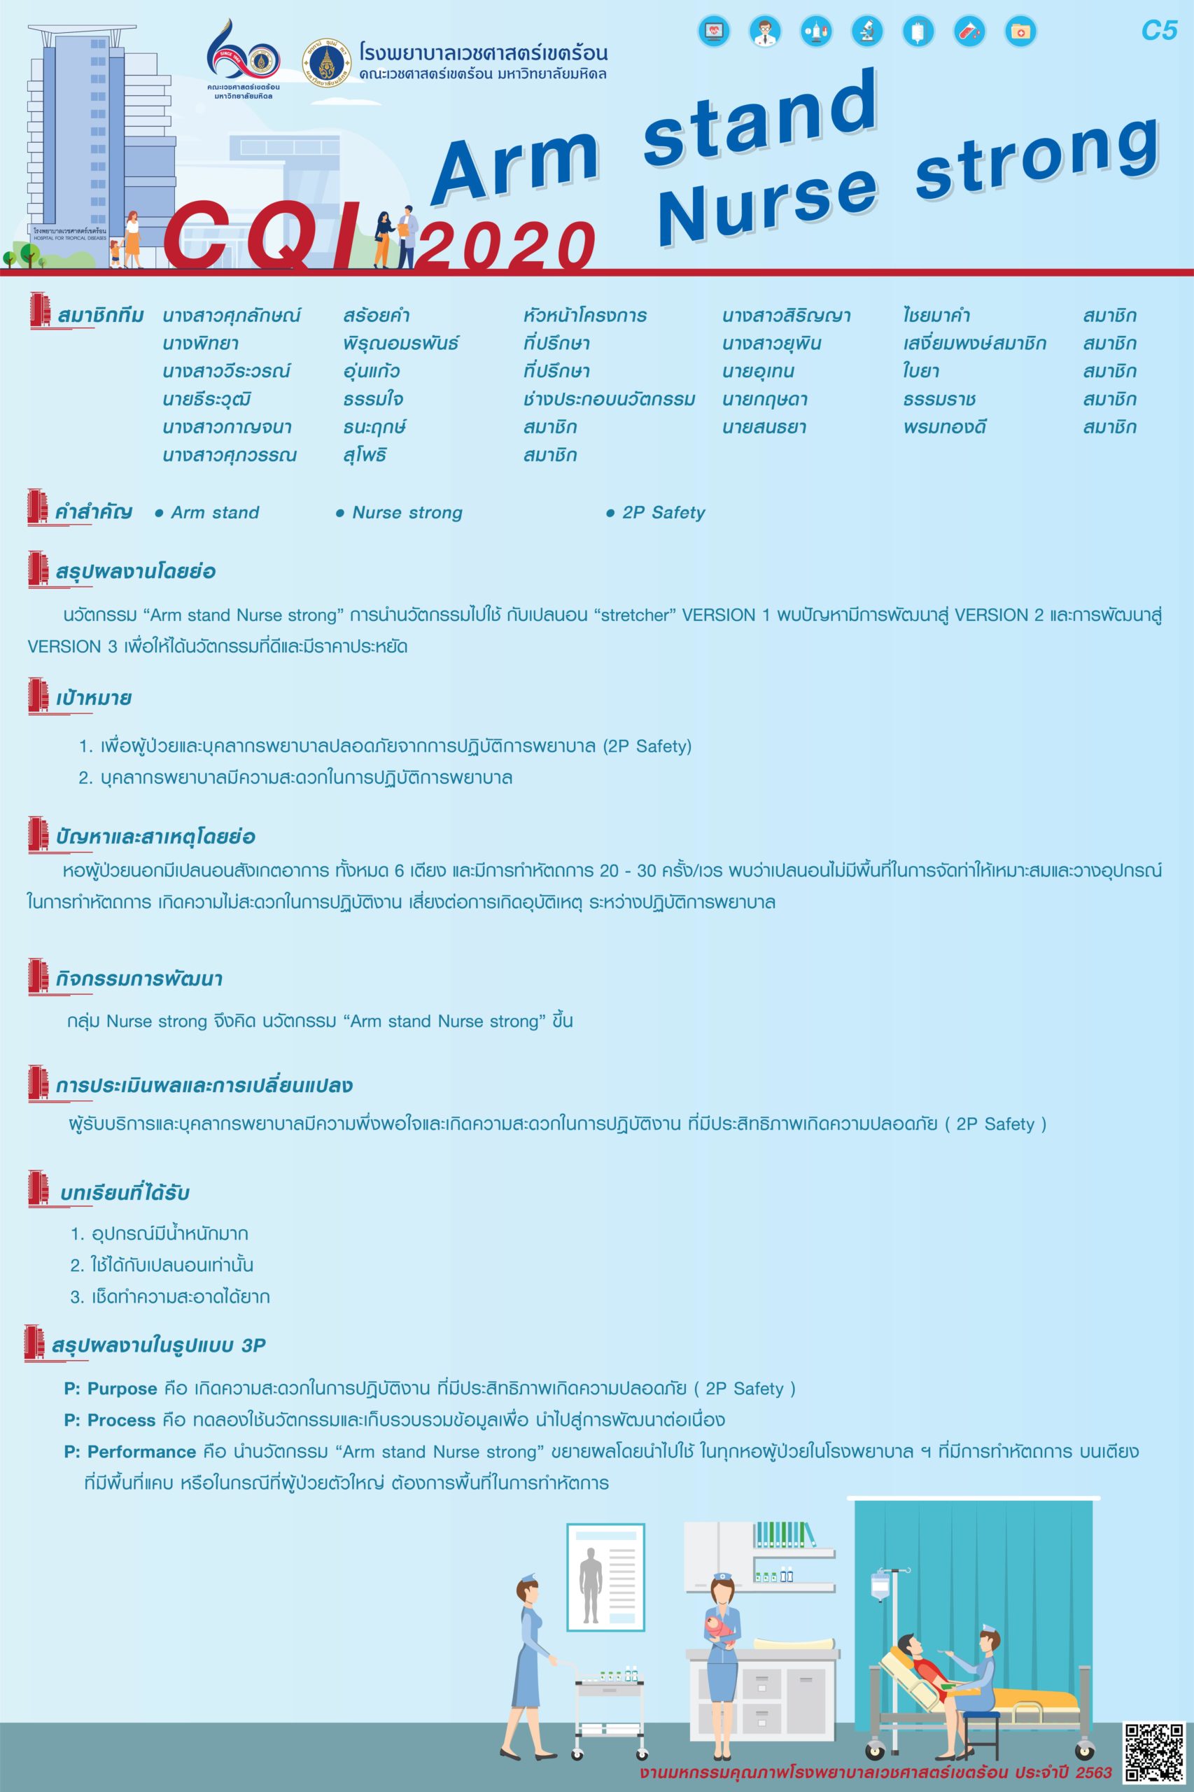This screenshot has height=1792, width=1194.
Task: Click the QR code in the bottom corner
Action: click(x=1153, y=1750)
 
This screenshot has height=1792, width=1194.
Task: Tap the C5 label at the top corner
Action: click(x=1159, y=31)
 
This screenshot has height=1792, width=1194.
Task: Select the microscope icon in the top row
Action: click(x=867, y=31)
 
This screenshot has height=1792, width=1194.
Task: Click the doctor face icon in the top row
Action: click(x=764, y=31)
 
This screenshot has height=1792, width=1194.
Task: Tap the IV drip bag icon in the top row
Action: click(x=918, y=31)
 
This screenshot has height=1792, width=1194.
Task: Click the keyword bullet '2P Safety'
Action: click(x=663, y=512)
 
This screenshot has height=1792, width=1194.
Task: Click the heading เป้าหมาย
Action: click(x=93, y=699)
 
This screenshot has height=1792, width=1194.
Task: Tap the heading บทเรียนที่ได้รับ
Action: click(x=124, y=1193)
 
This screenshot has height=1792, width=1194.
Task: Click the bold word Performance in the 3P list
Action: click(x=141, y=1452)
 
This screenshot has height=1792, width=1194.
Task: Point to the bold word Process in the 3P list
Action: click(x=122, y=1420)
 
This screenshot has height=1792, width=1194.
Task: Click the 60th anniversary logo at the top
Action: click(x=242, y=64)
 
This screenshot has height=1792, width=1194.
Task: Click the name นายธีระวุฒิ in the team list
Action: click(x=206, y=400)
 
